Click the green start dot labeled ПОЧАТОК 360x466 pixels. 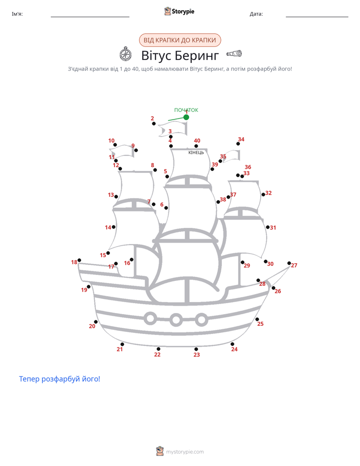[x=186, y=118]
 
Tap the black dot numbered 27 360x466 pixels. [x=289, y=263]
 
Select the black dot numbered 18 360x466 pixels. [x=79, y=260]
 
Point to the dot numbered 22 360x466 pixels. [x=158, y=349]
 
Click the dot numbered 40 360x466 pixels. [x=196, y=146]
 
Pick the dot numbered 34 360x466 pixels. [x=238, y=144]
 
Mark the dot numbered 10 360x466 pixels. [x=115, y=145]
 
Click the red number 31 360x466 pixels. [x=273, y=227]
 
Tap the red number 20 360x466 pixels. [x=92, y=326]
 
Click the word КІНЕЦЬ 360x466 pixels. [x=196, y=152]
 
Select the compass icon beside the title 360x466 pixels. [x=126, y=54]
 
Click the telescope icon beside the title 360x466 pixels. [x=234, y=53]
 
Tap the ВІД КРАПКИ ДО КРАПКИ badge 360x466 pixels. [x=180, y=40]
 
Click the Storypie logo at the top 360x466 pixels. [x=179, y=11]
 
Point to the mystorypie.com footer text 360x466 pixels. [x=185, y=452]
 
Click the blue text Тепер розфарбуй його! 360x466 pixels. [x=59, y=379]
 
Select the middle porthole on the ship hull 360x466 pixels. [x=176, y=320]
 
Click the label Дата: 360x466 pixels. [x=256, y=14]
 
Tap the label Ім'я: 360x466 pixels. [x=17, y=14]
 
